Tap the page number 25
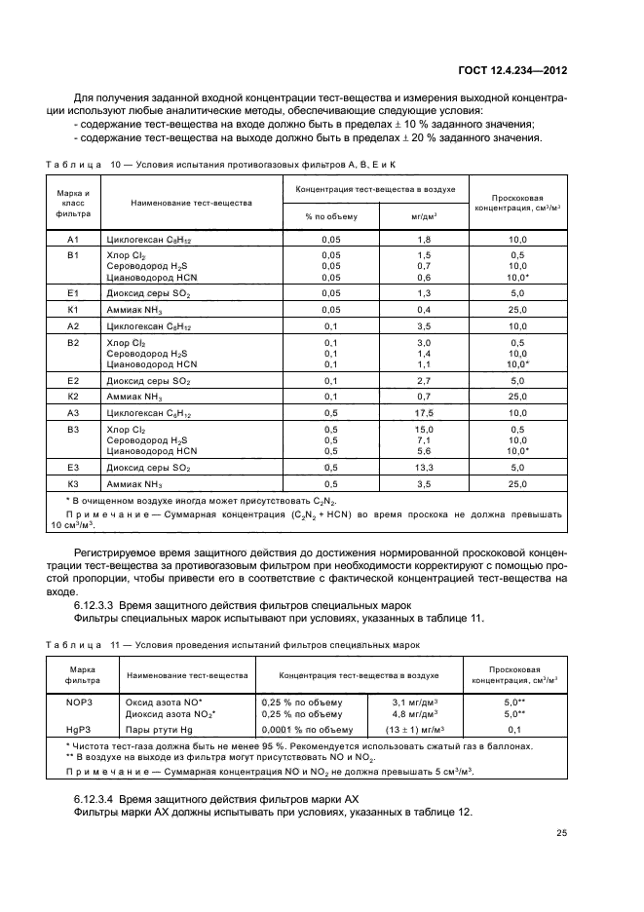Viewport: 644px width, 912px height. pos(562,832)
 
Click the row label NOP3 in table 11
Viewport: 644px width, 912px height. pos(77,701)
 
